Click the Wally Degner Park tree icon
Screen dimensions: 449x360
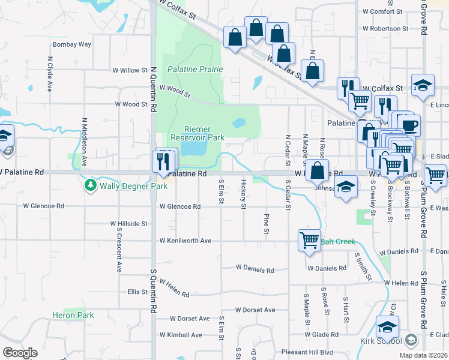click(91, 185)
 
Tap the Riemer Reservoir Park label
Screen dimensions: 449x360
click(204, 133)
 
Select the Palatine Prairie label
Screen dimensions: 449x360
click(195, 69)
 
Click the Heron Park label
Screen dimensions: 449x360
click(73, 315)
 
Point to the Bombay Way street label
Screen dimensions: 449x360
click(72, 44)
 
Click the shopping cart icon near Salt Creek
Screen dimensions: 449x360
click(309, 241)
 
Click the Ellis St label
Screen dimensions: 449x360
click(137, 292)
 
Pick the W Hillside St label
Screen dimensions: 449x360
click(129, 223)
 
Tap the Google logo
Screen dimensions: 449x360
click(20, 353)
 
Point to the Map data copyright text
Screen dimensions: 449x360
click(423, 355)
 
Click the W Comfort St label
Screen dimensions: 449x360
click(382, 11)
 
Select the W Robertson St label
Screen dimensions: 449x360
click(385, 28)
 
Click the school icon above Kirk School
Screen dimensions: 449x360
click(388, 328)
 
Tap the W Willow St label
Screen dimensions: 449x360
click(130, 70)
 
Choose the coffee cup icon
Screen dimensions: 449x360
click(410, 126)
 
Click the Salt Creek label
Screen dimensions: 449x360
click(339, 242)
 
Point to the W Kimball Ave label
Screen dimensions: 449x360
click(181, 335)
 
